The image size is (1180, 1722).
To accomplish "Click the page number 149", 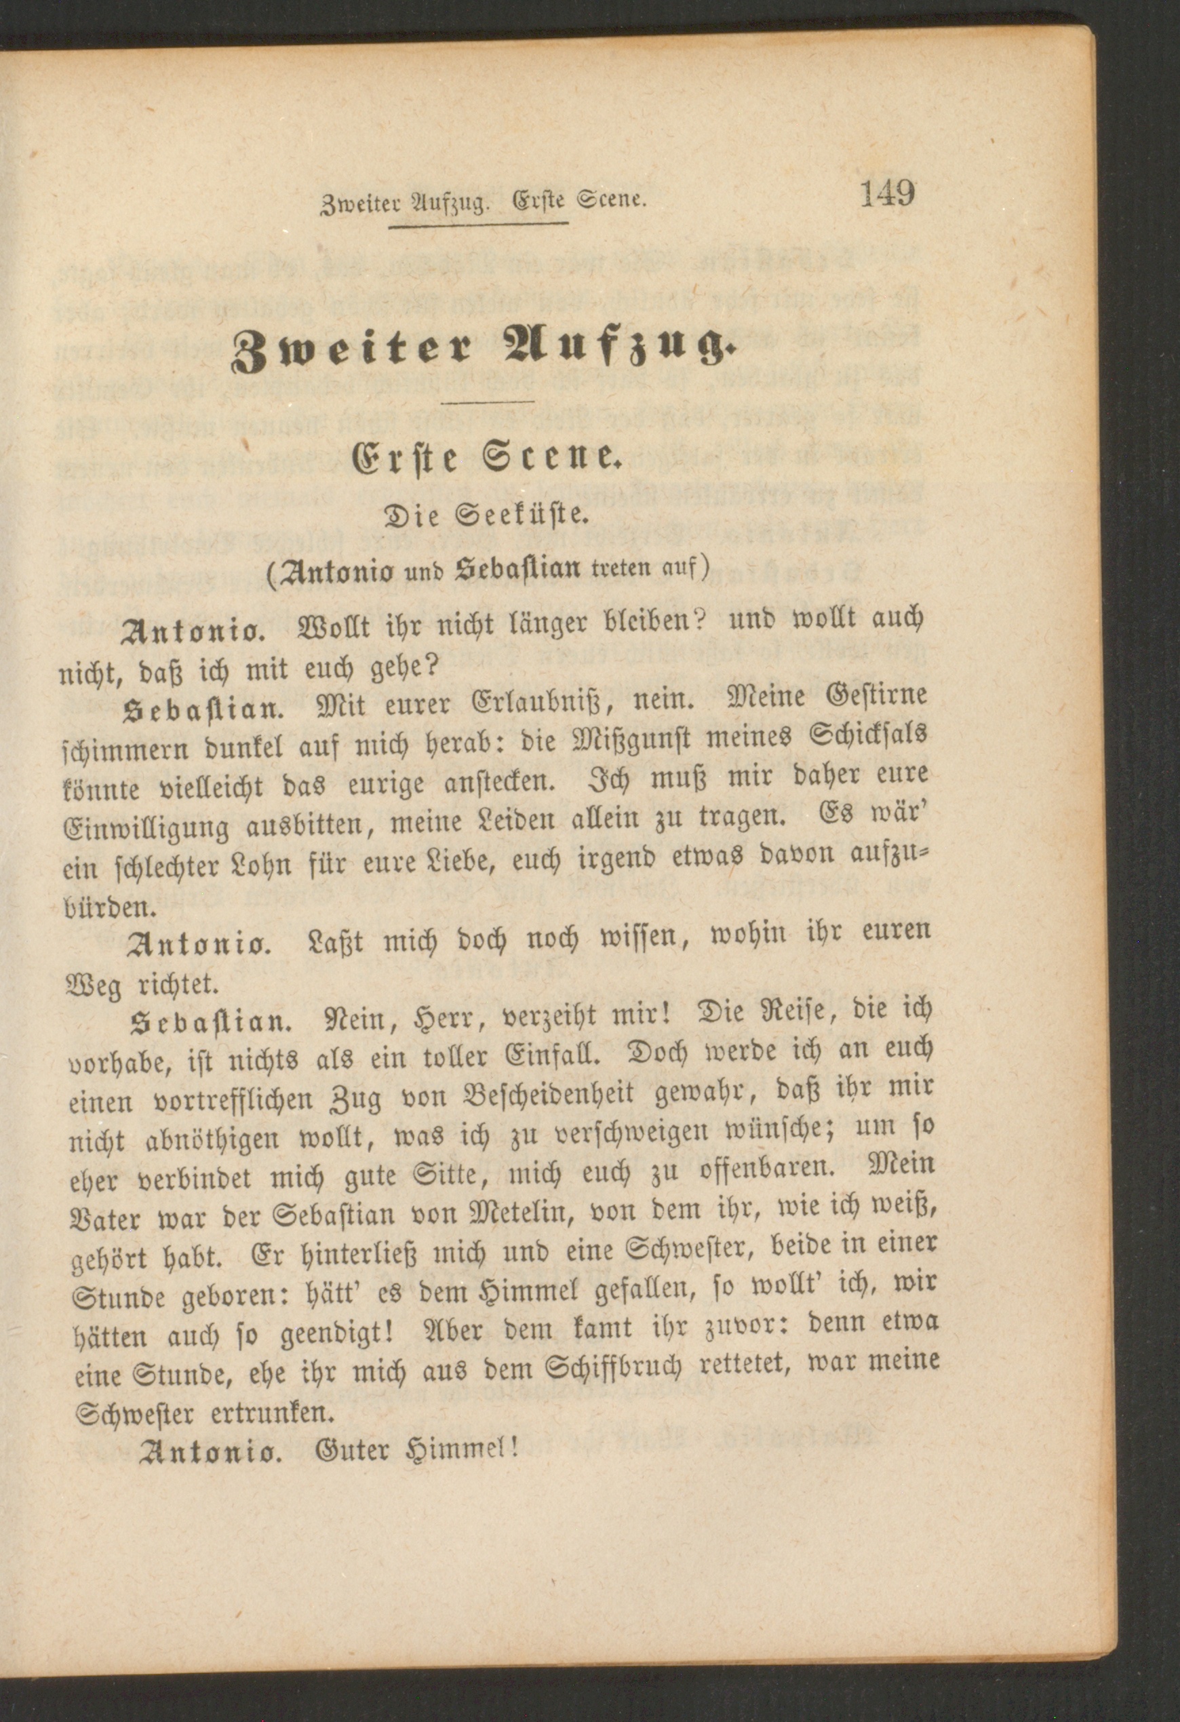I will (x=888, y=194).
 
